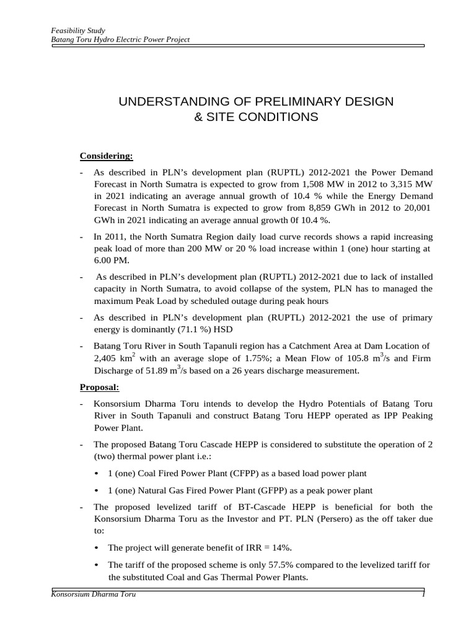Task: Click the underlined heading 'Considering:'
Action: pos(106,156)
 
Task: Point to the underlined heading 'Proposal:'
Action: pos(100,388)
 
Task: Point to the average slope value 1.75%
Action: pos(255,358)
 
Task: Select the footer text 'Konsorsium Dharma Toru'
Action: pos(94,595)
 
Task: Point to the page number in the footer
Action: pos(422,595)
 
